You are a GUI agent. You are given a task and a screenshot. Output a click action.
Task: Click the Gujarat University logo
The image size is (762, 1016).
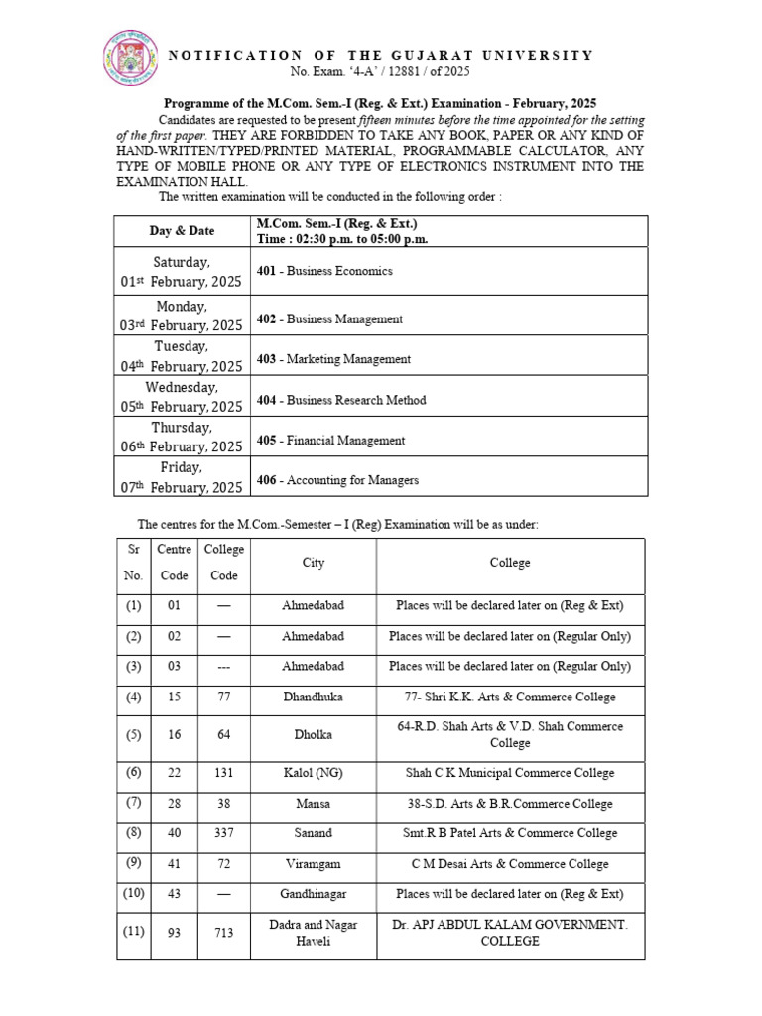tap(130, 58)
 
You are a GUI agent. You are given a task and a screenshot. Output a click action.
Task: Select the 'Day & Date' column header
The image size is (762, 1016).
tap(182, 231)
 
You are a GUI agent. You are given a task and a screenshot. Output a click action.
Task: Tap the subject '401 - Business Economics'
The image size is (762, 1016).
tap(324, 271)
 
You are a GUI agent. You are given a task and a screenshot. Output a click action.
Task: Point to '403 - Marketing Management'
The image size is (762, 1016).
tap(333, 359)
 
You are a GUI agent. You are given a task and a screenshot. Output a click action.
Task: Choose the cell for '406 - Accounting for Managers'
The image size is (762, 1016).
tap(337, 480)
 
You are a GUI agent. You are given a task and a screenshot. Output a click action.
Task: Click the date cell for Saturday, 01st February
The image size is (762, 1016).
tap(182, 272)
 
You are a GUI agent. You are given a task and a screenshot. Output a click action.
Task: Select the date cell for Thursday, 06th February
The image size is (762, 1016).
tap(182, 438)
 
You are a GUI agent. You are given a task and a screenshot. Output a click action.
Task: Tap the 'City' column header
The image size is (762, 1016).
tap(314, 563)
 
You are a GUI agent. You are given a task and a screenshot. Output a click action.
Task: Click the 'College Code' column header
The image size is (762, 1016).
tap(223, 563)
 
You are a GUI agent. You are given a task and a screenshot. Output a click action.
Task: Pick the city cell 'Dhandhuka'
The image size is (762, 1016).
tap(314, 698)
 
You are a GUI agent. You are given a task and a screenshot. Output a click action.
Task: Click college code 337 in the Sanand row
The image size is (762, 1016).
tap(223, 833)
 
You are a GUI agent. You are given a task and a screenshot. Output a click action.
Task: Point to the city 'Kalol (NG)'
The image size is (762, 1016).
tap(314, 773)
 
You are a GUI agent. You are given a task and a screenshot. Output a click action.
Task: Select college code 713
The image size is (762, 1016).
tap(223, 933)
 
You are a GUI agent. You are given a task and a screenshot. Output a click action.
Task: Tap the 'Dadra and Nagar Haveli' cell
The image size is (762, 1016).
tap(314, 933)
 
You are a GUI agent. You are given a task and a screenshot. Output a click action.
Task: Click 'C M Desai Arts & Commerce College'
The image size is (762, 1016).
tap(510, 864)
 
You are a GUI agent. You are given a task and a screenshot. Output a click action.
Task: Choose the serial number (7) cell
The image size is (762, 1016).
tap(134, 803)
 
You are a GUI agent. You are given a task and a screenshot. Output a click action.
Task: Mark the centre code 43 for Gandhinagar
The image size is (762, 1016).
tap(174, 895)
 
